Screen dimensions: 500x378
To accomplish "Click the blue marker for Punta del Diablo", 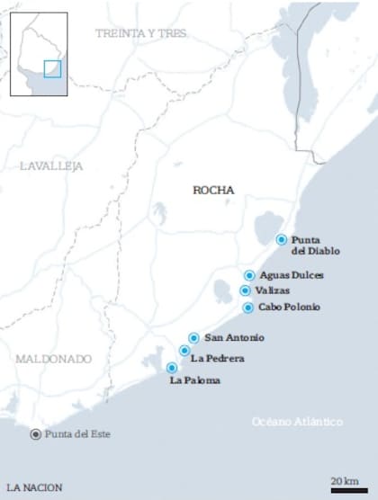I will tap(282, 239).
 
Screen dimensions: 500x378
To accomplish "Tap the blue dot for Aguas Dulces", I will tap(249, 275).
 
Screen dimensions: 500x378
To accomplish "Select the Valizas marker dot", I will tap(245, 290).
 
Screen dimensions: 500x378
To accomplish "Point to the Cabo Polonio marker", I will tap(248, 308).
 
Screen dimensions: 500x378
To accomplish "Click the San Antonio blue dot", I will tap(193, 338).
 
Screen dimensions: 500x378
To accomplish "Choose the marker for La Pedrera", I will tap(184, 351).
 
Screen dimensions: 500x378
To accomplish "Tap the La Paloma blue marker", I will tap(172, 367).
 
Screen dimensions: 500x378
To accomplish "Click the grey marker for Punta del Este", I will tap(35, 434).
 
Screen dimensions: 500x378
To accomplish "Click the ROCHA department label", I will tap(213, 191).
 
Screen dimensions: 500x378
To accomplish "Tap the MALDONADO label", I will tap(53, 359).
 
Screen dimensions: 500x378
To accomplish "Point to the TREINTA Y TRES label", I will tap(143, 33).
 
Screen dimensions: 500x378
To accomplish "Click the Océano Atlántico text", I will tap(297, 421).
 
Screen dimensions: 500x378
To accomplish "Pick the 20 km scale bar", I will tap(345, 490).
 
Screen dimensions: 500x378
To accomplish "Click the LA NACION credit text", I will tap(34, 487).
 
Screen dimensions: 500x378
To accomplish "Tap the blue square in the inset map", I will tap(52, 68).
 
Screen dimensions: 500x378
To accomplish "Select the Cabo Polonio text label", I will tap(289, 308).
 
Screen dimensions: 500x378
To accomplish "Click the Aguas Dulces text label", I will tap(291, 275).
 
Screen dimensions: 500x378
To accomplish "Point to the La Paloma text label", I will tap(195, 380).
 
